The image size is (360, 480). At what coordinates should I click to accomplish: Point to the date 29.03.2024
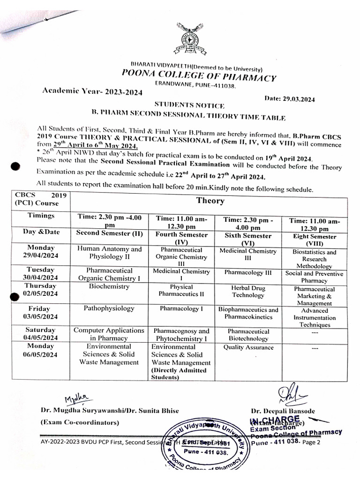pyautogui.click(x=290, y=98)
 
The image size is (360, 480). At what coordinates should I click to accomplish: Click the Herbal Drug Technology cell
pyautogui.click(x=247, y=291)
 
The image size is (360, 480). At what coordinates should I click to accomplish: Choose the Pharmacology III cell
pyautogui.click(x=247, y=272)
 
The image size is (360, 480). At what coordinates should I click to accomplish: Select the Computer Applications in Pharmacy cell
pyautogui.click(x=109, y=334)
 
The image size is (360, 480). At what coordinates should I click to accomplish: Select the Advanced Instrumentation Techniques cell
pyautogui.click(x=315, y=317)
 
